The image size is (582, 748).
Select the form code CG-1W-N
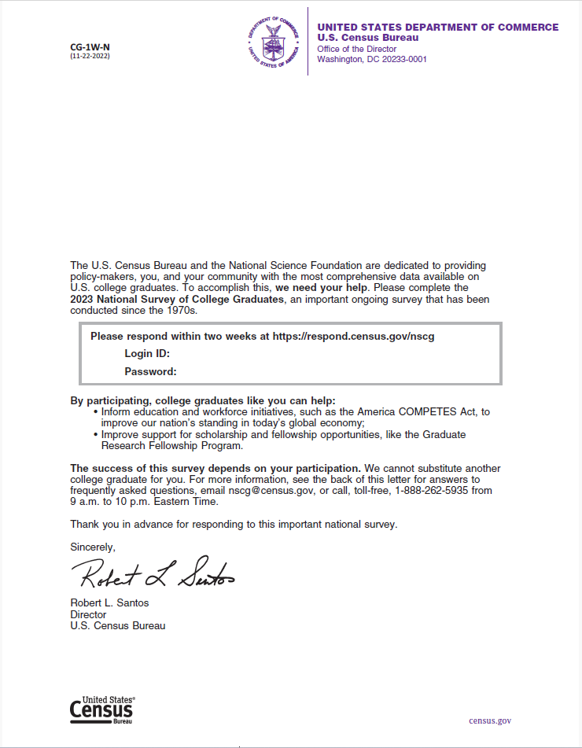[x=90, y=47]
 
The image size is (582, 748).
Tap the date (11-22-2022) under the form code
[x=90, y=56]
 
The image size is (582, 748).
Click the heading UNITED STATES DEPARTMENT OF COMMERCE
[x=438, y=28]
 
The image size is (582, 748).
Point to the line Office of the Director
[x=356, y=49]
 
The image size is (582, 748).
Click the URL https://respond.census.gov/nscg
[x=353, y=336]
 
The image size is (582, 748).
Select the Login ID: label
[x=147, y=354]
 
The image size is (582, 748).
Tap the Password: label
[x=150, y=371]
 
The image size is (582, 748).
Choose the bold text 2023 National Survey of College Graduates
[x=176, y=299]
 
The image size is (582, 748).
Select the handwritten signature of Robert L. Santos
[x=154, y=576]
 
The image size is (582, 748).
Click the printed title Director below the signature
[x=88, y=614]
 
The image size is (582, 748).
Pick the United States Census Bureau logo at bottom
[x=102, y=709]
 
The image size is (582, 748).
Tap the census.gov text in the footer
[x=490, y=720]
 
